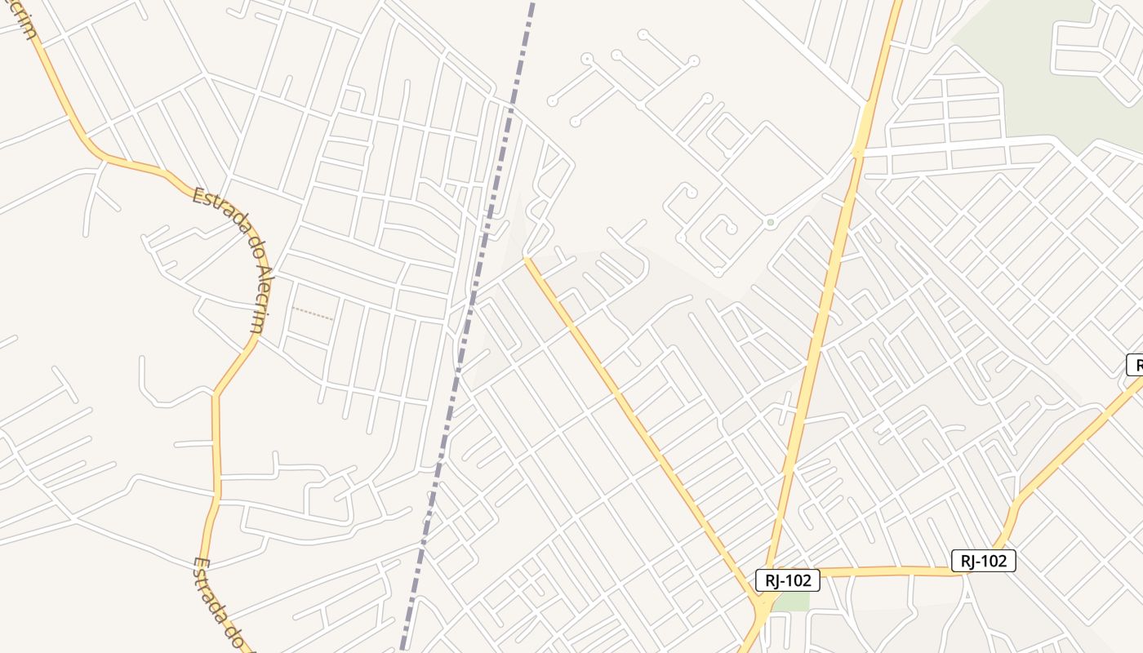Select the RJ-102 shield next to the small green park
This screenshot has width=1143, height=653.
pos(787,580)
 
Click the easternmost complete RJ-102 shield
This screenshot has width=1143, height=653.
pos(983,561)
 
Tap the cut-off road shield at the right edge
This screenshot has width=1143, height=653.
pos(1135,365)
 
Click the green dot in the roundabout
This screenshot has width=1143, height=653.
pos(770,221)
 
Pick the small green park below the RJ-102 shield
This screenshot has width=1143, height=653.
pos(790,602)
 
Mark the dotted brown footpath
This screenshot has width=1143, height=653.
pos(312,313)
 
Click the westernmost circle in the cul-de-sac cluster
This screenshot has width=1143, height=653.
pos(552,102)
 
